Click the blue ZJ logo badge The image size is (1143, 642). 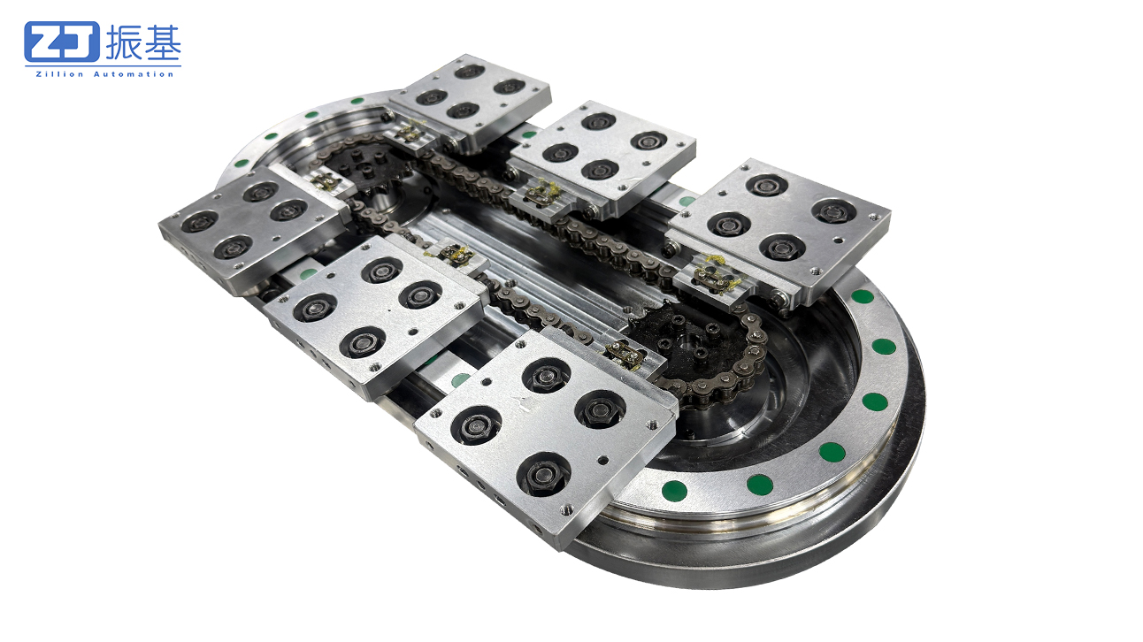pyautogui.click(x=62, y=42)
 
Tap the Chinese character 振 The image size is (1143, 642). pyautogui.click(x=123, y=42)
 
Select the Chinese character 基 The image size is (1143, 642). pyautogui.click(x=163, y=42)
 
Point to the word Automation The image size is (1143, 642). pyautogui.click(x=134, y=74)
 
